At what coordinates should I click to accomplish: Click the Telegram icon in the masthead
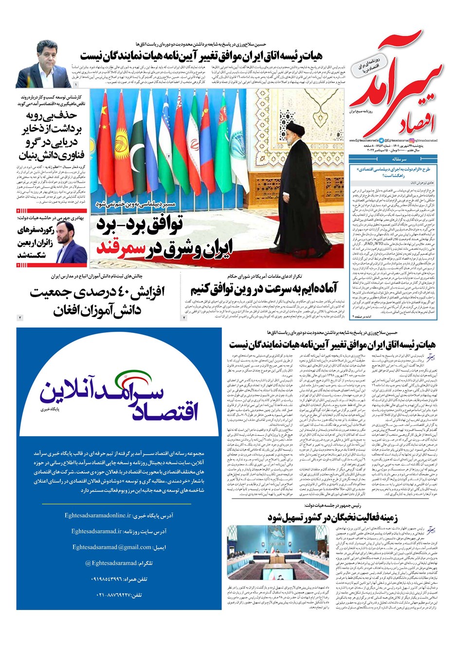[382, 139]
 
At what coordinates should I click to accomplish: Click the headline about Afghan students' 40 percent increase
[97, 300]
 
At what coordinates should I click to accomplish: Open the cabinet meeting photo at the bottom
[276, 552]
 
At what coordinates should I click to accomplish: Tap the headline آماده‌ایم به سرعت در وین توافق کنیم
[264, 290]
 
